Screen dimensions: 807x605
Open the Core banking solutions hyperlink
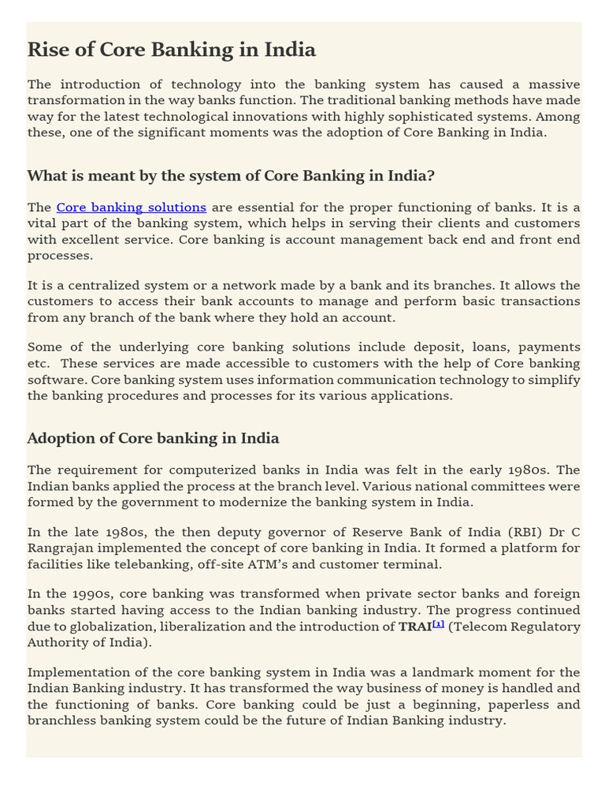131,207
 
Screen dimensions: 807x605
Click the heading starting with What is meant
231,175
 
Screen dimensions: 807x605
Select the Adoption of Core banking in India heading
153,438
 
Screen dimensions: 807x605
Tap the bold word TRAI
414,627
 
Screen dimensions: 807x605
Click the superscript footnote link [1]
438,624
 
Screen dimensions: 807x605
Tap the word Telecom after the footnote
481,627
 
